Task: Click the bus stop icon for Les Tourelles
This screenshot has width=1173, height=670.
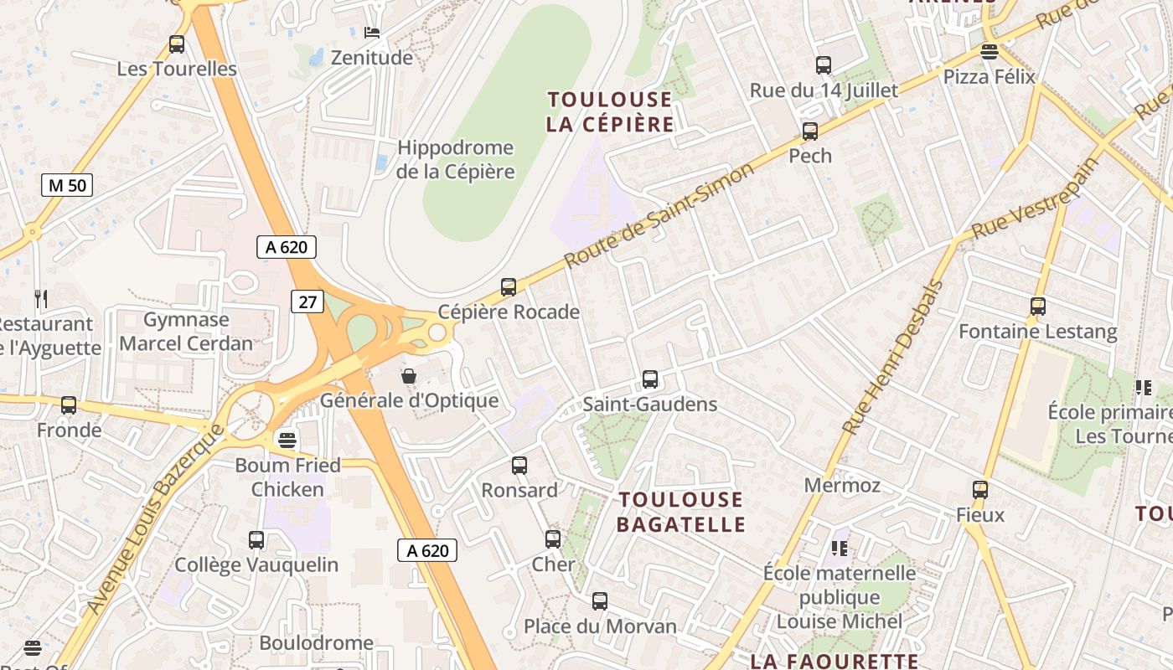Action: click(176, 44)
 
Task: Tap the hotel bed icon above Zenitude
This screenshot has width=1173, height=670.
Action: click(372, 32)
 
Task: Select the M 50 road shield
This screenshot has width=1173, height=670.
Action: click(67, 185)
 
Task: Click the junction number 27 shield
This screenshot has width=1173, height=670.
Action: click(307, 301)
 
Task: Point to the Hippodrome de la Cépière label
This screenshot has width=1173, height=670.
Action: click(455, 160)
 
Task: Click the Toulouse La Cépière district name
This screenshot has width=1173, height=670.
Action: click(610, 112)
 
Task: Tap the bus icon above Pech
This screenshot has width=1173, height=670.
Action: click(810, 131)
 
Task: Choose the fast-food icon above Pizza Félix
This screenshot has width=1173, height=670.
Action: click(990, 52)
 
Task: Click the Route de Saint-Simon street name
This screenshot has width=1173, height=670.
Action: click(660, 215)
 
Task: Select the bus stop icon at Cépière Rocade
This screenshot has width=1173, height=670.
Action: click(509, 287)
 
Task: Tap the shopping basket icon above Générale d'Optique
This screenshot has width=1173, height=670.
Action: click(409, 376)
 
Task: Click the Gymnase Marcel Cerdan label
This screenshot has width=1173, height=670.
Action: click(186, 332)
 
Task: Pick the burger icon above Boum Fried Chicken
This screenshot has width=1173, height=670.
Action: click(287, 440)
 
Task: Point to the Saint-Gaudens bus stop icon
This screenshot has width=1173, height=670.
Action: click(650, 379)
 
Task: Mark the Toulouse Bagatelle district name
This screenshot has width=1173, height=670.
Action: click(680, 513)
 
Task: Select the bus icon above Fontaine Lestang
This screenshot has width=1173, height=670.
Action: click(1038, 307)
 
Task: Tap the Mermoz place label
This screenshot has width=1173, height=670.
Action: click(842, 486)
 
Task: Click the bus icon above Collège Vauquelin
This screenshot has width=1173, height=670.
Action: click(256, 540)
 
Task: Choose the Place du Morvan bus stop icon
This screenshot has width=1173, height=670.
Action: click(600, 600)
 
